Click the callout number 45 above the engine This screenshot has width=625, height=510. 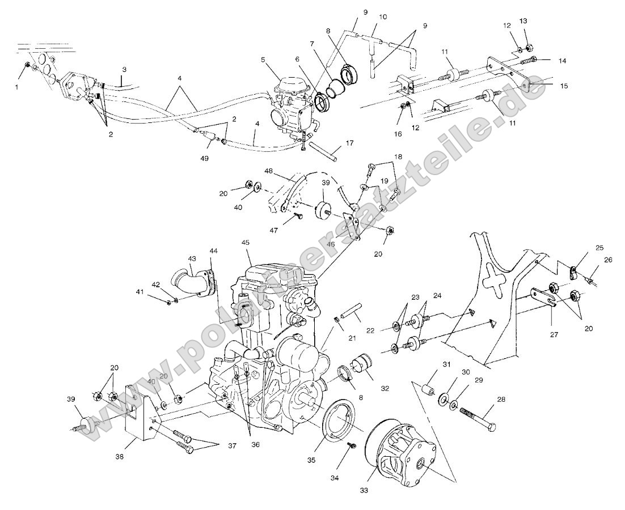pyautogui.click(x=245, y=243)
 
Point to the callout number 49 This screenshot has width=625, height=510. pyautogui.click(x=204, y=159)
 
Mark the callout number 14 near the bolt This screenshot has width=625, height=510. pyautogui.click(x=546, y=60)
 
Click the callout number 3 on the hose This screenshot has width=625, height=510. pyautogui.click(x=124, y=70)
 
